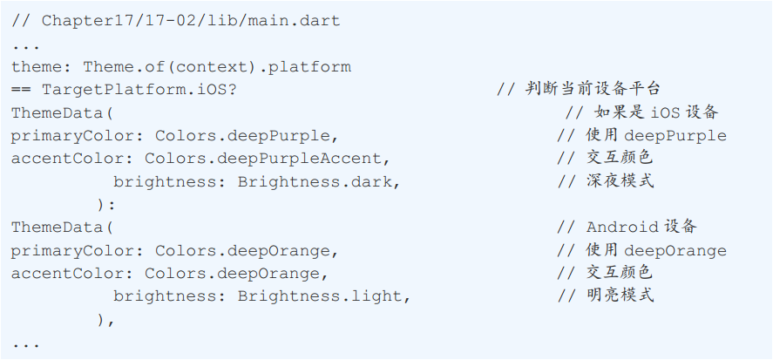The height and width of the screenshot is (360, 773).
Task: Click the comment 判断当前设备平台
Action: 593,89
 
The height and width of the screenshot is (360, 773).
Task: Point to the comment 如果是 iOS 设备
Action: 656,112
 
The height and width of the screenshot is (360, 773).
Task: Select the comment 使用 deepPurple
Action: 656,135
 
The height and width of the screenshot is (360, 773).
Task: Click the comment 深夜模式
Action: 620,181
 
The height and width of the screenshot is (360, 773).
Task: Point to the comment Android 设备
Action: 641,227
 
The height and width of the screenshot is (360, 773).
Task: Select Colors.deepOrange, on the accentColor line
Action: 236,273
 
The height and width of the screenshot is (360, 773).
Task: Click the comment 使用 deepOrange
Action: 656,250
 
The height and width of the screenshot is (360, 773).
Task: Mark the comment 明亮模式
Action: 620,295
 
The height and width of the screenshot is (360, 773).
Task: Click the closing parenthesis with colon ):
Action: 106,204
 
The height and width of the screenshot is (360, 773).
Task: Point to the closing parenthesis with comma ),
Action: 106,319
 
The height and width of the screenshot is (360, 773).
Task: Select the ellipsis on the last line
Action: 26,344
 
